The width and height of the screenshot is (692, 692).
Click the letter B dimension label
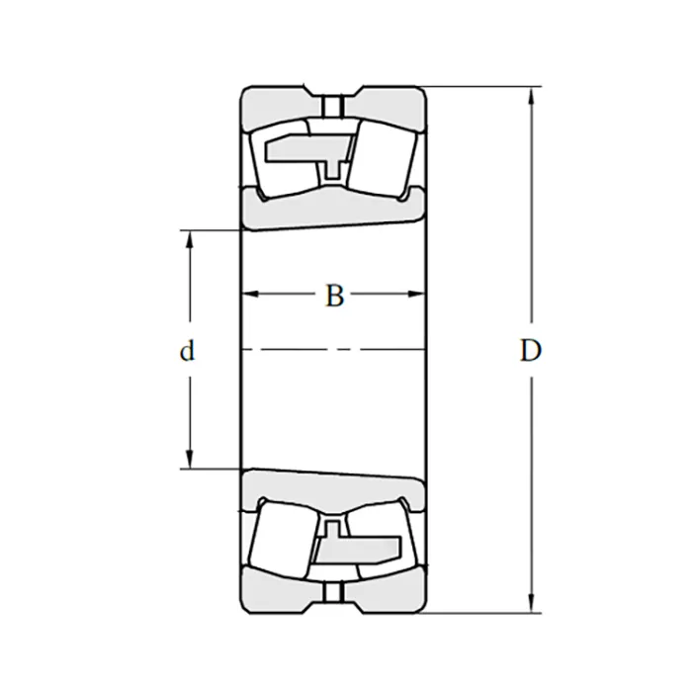[x=334, y=296]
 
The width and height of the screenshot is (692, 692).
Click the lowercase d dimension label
[x=187, y=351]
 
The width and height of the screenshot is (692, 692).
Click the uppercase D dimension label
[x=531, y=351]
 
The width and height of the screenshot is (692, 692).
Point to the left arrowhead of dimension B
[x=251, y=294]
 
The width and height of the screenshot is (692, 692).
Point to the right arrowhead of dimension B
[x=416, y=294]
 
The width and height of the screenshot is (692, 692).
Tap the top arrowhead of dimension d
[x=190, y=239]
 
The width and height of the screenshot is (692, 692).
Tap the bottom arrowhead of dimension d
[x=190, y=460]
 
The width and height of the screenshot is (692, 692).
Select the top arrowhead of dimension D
[x=532, y=95]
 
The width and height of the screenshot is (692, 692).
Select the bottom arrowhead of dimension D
[x=532, y=604]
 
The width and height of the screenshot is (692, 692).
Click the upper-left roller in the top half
[x=283, y=159]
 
